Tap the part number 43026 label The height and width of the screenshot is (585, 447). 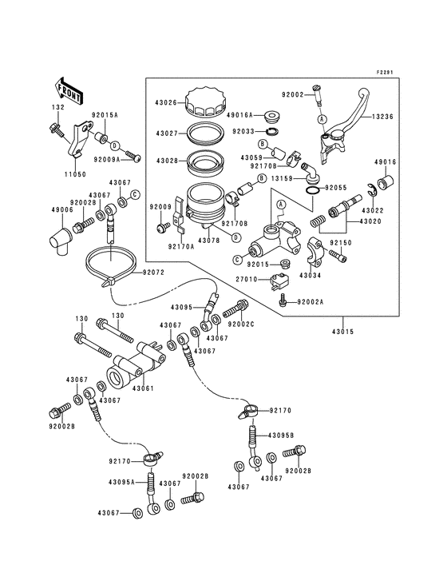coord(167,101)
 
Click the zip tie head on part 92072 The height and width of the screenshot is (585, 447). coord(107,281)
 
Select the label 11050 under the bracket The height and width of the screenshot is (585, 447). coord(75,174)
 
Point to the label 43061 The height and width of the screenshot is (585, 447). coord(143,388)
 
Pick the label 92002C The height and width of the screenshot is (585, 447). coord(240,324)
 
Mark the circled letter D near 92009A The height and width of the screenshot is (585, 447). coord(115,145)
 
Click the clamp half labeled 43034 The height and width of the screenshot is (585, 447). coord(316,254)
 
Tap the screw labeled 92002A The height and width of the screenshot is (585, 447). coord(283,300)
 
